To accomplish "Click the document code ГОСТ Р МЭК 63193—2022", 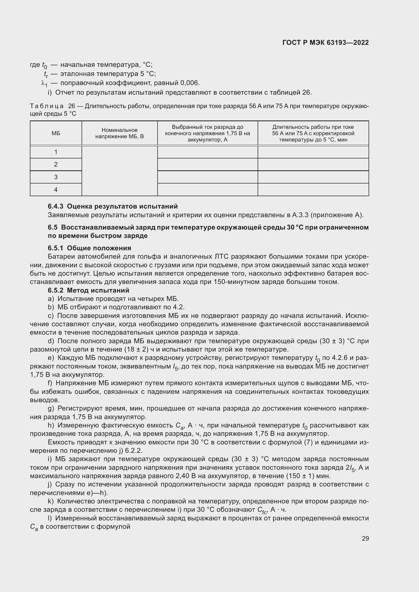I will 326,43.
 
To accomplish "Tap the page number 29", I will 365,538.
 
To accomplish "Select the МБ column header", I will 56,133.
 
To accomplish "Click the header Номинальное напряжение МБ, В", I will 120,133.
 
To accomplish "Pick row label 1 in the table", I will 56,152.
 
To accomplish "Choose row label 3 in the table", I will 56,177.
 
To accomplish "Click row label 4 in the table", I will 56,190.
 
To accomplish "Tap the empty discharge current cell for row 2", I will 207,165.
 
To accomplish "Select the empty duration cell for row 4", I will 313,190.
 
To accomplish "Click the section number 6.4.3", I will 56,206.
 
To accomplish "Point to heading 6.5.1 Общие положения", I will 89,248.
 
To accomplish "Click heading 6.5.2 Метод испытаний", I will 88,290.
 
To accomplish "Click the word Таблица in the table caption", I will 47,106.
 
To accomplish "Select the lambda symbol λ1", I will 44,83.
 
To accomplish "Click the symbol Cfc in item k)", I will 262,510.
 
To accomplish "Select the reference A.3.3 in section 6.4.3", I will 300,215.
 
